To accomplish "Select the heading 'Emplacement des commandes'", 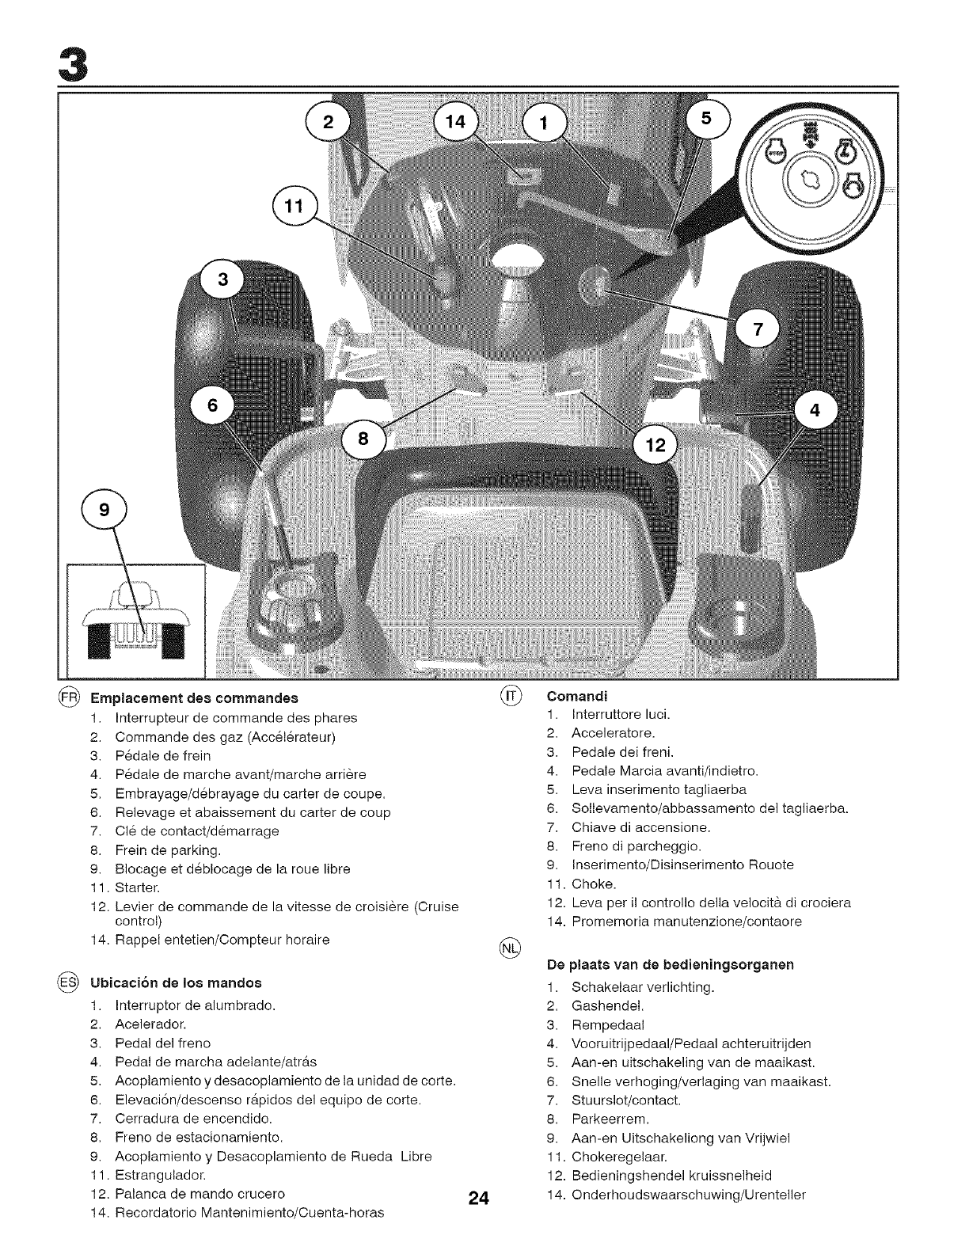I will pos(194,698).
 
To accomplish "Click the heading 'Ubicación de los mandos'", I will pos(176,982).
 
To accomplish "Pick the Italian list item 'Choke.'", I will pos(593,883).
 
